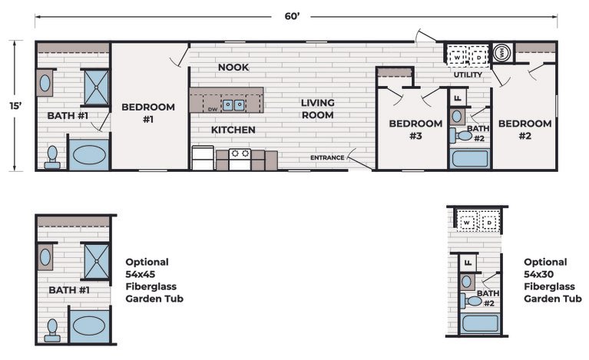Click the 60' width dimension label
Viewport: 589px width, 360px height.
292,17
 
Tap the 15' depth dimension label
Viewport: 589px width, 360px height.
15,106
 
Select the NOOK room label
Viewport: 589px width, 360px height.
233,68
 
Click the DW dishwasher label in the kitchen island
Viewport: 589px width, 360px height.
213,110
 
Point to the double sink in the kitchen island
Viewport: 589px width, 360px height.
233,105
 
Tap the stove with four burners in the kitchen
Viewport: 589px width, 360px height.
240,159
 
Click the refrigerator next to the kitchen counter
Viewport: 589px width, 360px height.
203,158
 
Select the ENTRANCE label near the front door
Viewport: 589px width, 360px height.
327,157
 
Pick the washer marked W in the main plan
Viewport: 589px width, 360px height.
457,58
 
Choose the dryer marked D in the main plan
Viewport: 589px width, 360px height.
479,58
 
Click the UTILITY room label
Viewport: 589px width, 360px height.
468,74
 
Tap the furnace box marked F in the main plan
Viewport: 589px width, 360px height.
458,98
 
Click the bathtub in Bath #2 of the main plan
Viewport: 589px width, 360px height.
470,158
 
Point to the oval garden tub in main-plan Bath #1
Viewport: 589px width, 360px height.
89,155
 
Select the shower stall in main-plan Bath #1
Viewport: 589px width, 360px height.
96,88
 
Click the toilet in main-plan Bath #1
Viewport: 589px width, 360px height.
52,157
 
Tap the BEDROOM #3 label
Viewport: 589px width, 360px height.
415,130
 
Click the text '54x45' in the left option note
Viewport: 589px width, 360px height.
140,274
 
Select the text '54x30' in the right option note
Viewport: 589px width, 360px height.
538,274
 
